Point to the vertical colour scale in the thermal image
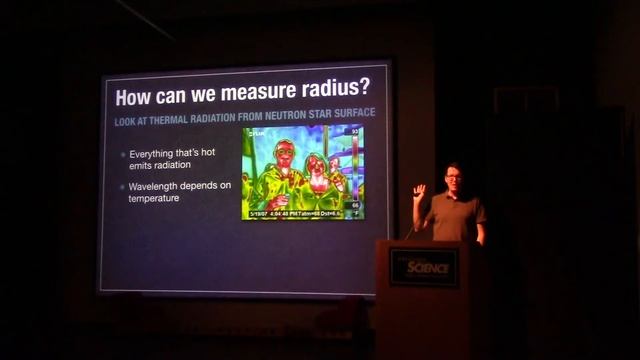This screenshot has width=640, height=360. click(x=354, y=170)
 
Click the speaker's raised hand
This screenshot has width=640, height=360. click(x=420, y=190)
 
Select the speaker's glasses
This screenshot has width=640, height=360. click(x=452, y=178)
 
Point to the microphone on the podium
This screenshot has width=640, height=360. click(x=410, y=233)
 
